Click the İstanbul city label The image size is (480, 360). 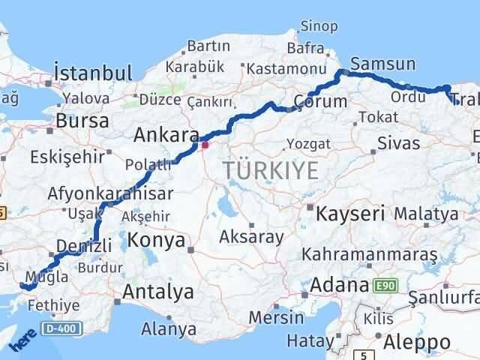pyautogui.click(x=94, y=73)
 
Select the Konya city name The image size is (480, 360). pyautogui.click(x=156, y=240)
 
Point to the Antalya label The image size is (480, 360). pyautogui.click(x=158, y=291)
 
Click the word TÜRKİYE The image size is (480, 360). pyautogui.click(x=271, y=170)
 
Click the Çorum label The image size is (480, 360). pyautogui.click(x=321, y=100)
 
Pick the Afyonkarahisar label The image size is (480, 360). pyautogui.click(x=110, y=193)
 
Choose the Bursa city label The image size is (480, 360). pyautogui.click(x=82, y=120)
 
